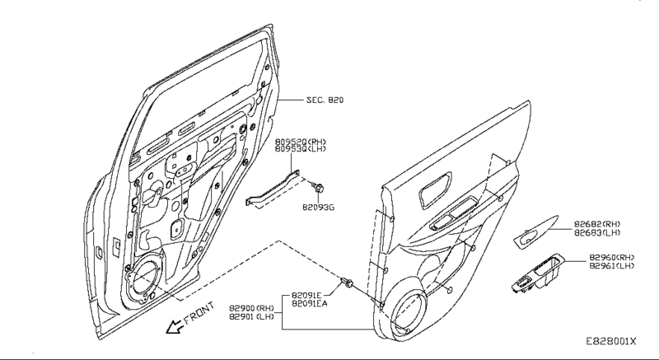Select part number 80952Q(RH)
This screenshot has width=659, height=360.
(x=301, y=142)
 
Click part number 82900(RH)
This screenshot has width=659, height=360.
(x=246, y=306)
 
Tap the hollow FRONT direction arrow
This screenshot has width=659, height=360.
(x=175, y=327)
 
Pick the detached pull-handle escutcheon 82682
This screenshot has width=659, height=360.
(x=536, y=234)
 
